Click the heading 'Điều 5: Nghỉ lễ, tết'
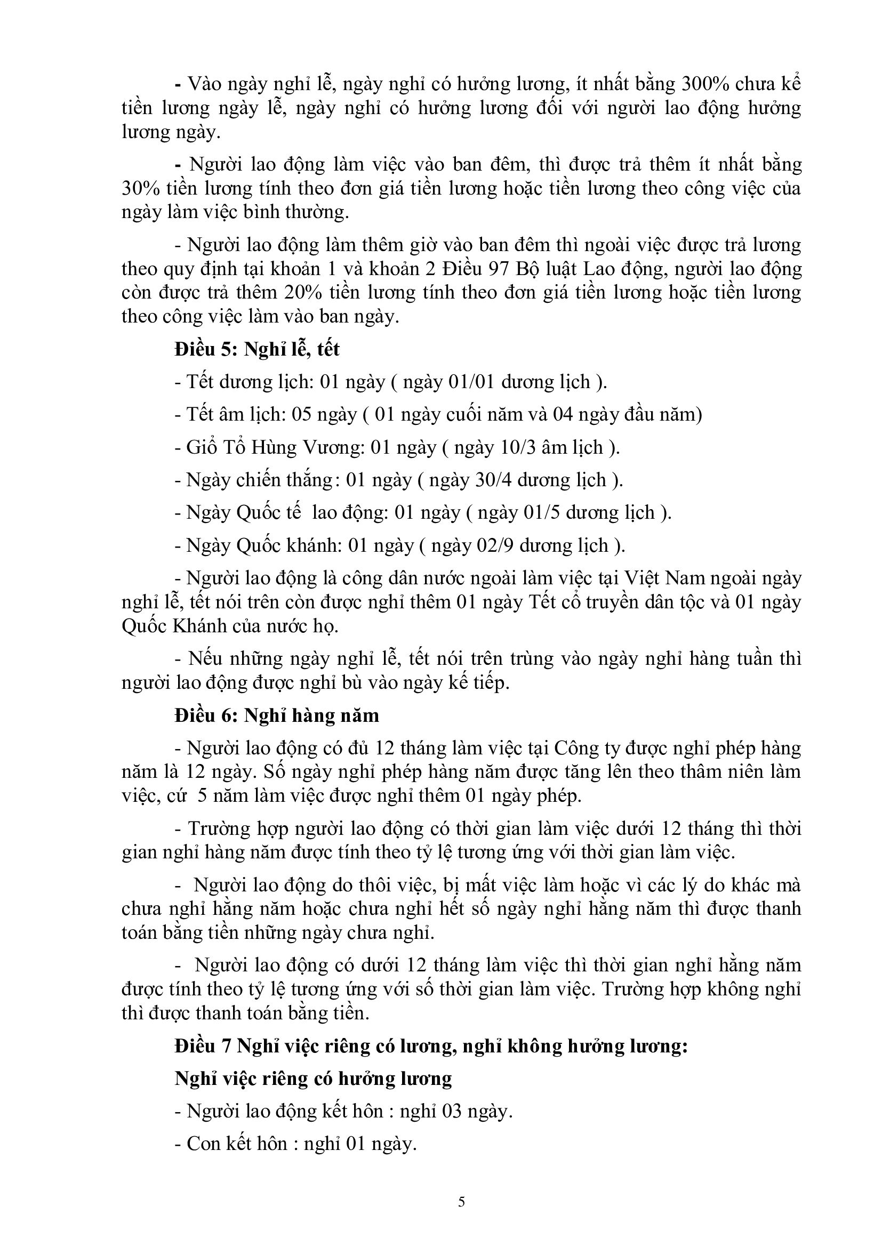[257, 349]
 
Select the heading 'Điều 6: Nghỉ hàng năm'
[276, 715]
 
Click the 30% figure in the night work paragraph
[141, 188]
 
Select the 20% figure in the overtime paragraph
[302, 292]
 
